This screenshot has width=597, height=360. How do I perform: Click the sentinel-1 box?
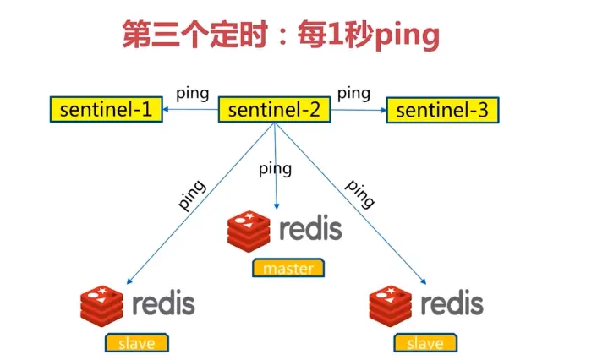pyautogui.click(x=105, y=110)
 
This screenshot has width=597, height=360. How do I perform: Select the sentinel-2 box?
pyautogui.click(x=272, y=110)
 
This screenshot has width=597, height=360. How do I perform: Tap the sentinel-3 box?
pyautogui.click(x=442, y=110)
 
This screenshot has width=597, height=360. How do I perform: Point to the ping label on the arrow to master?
pyautogui.click(x=275, y=168)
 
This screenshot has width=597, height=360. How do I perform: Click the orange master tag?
pyautogui.click(x=288, y=269)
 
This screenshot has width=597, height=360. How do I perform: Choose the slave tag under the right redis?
pyautogui.click(x=424, y=342)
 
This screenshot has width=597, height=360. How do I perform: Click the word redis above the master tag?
pyautogui.click(x=310, y=228)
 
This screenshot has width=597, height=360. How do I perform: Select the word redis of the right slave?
pyautogui.click(x=452, y=303)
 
